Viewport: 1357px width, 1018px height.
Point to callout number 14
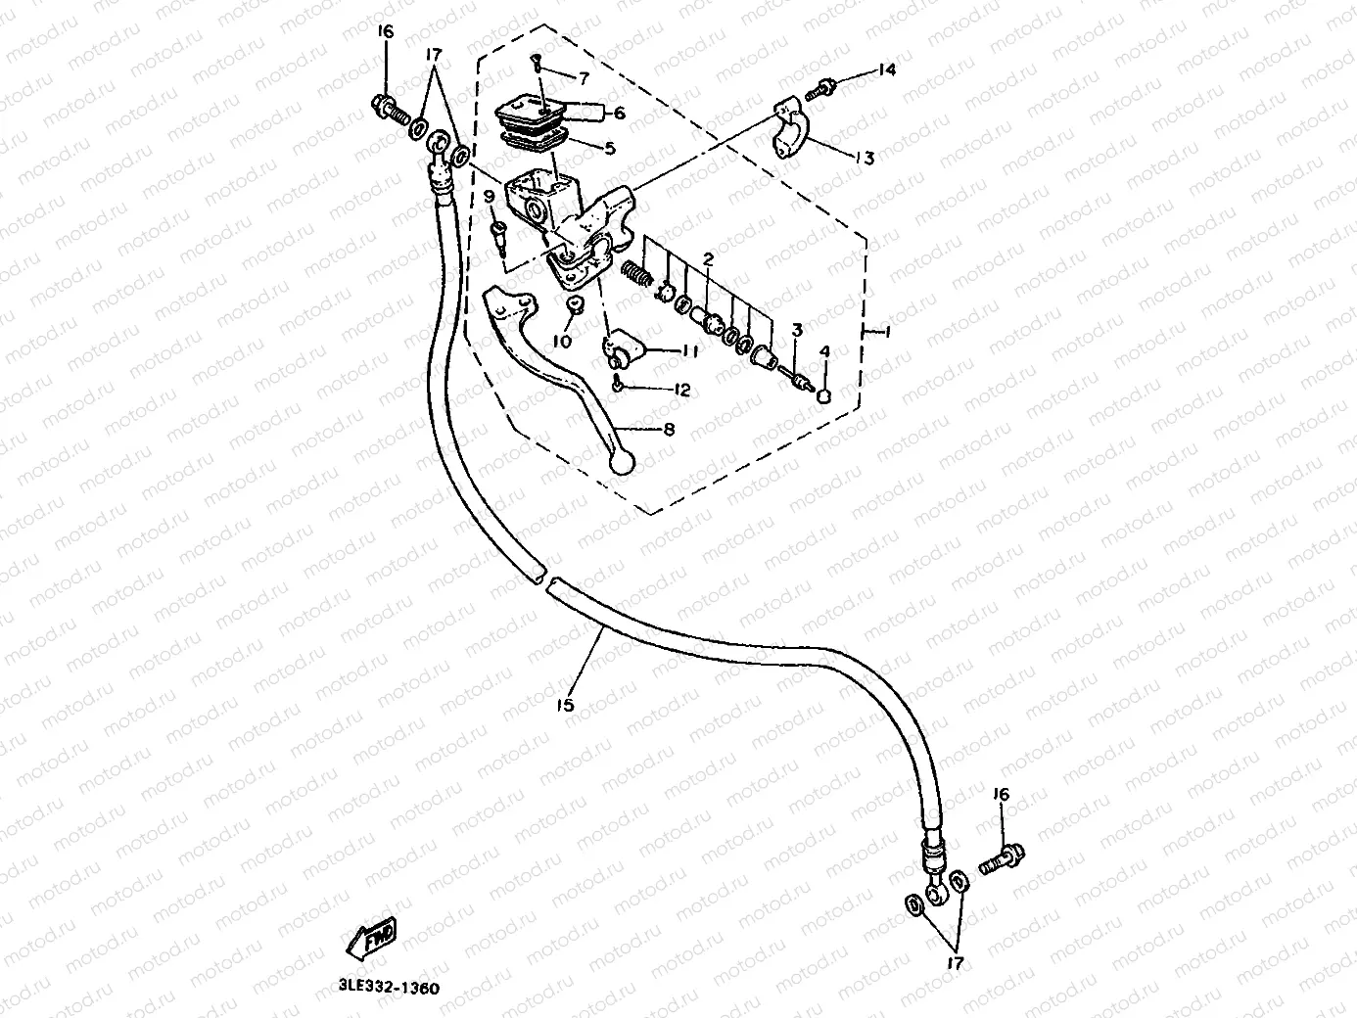886,69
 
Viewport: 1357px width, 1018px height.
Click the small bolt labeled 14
819,90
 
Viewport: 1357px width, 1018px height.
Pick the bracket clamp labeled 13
792,128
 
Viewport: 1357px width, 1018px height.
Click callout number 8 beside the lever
670,430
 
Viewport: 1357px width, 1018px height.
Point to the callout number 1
886,333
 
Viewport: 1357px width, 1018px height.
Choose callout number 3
797,331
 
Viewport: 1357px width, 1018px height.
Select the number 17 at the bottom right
955,963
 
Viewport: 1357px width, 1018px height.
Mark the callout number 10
561,341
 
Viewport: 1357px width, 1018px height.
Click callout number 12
681,390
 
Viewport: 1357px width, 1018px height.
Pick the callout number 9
489,197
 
